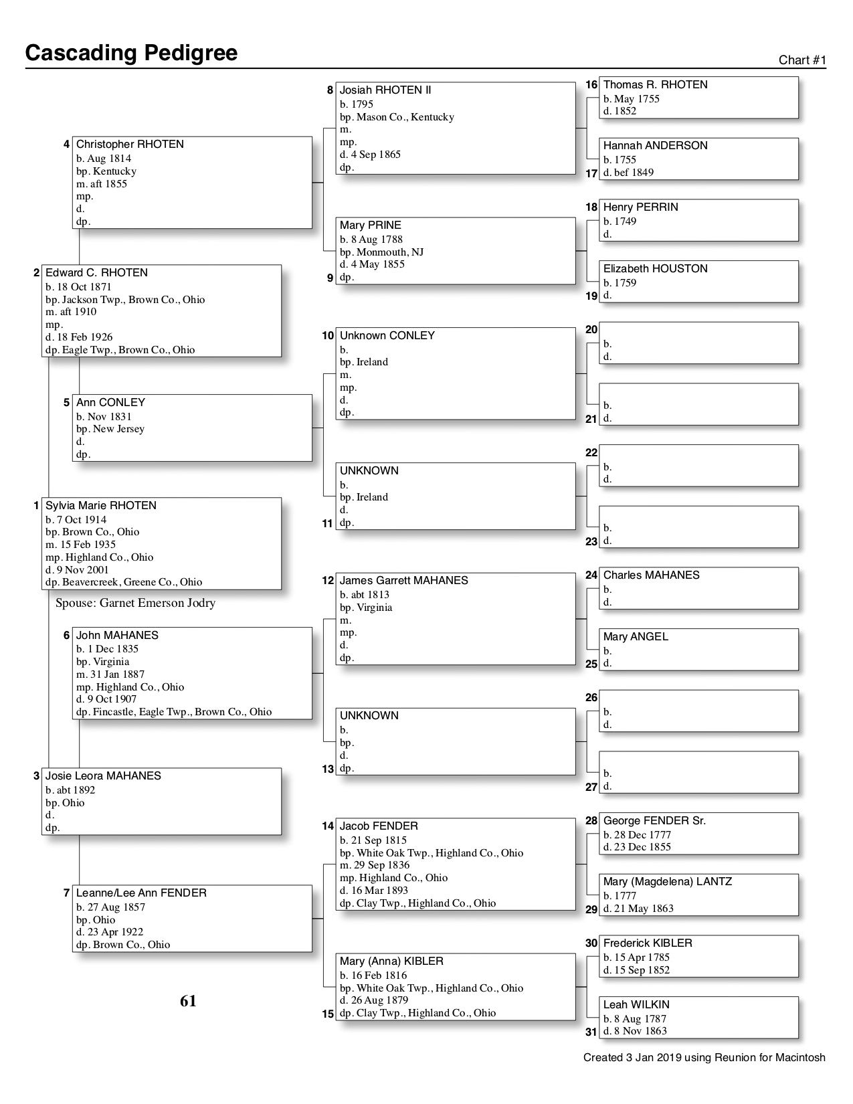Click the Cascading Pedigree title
(131, 53)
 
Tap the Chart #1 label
(802, 60)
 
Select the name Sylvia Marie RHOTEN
(100, 506)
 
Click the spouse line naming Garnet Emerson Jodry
(135, 604)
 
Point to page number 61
(188, 1001)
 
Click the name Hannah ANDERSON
(655, 146)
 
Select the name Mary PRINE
(370, 225)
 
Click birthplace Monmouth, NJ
(381, 252)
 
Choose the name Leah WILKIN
(636, 1005)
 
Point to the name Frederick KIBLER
(647, 943)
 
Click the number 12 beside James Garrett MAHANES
(328, 581)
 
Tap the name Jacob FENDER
(378, 826)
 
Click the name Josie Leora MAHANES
(103, 776)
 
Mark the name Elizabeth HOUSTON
(655, 269)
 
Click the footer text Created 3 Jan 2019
(704, 1058)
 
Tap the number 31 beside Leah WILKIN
(591, 1032)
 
